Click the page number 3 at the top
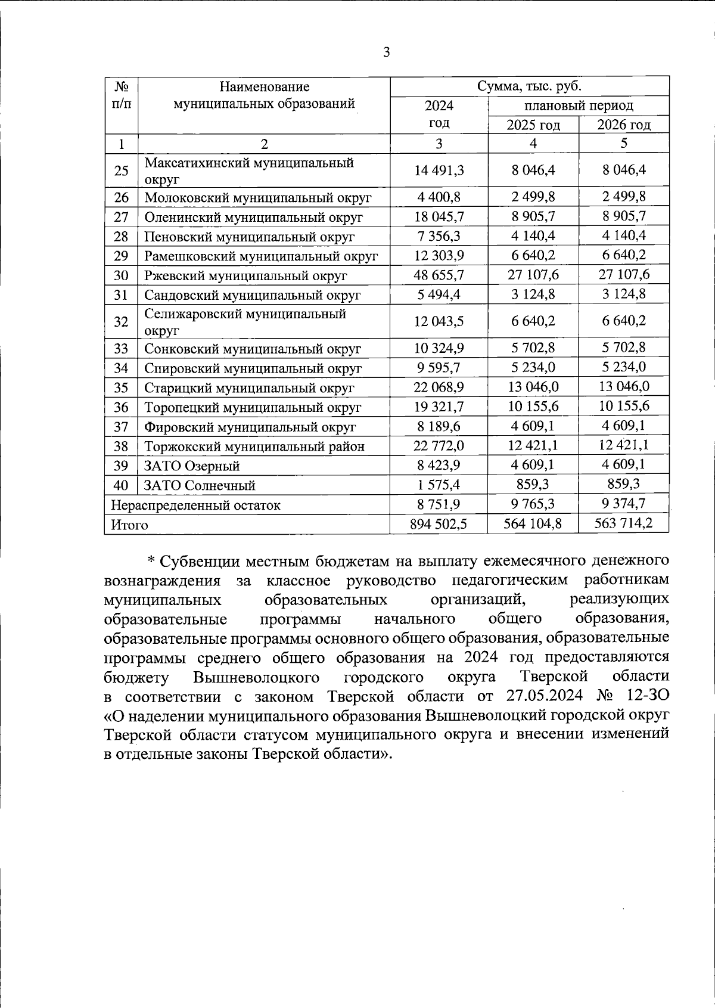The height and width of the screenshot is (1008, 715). tap(386, 52)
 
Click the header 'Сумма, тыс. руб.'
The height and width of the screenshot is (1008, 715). tap(529, 86)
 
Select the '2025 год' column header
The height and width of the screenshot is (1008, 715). tap(533, 125)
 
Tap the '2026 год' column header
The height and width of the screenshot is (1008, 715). tap(624, 125)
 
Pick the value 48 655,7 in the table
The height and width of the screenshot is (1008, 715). tap(439, 275)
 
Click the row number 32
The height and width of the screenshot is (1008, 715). tap(121, 322)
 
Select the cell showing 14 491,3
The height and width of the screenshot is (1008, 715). tap(439, 170)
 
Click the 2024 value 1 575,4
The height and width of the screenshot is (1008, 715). tap(439, 485)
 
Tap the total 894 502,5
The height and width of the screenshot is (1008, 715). tap(439, 524)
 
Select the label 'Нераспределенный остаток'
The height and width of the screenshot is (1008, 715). tap(195, 505)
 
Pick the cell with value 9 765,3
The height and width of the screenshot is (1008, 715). tap(533, 504)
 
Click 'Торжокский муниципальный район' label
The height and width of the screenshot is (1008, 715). tap(254, 446)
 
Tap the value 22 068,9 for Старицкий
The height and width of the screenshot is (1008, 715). tap(439, 387)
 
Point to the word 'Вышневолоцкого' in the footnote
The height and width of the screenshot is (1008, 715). tap(256, 677)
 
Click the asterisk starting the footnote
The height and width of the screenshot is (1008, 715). tap(151, 561)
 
